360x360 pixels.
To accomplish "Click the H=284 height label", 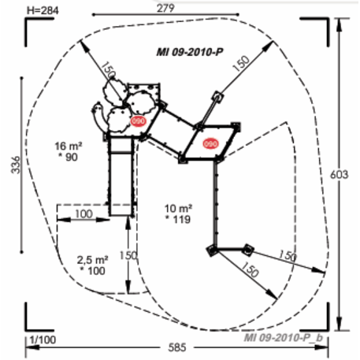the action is coord(43,11).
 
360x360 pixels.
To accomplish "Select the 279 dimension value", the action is coord(165,8).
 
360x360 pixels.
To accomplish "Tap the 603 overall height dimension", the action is coord(339,175).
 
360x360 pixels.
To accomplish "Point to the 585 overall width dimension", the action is coord(177,347).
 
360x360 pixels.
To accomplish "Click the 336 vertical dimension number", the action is coord(16,165).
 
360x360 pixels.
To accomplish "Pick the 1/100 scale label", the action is coord(43,340).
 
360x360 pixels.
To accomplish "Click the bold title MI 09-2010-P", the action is coord(190,52).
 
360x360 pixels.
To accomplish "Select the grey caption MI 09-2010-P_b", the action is coord(284,337).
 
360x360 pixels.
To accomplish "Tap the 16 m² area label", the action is coord(69,146).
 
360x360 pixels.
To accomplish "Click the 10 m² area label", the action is coord(178,209).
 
